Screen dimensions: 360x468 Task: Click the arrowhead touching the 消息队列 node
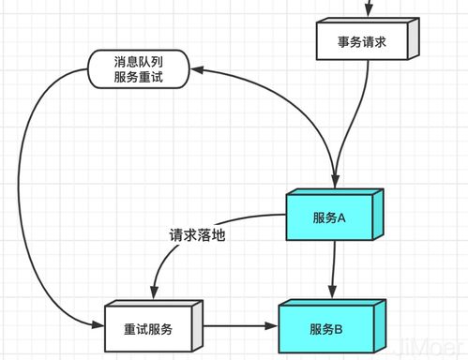[197, 68]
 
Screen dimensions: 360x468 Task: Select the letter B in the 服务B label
[338, 328]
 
